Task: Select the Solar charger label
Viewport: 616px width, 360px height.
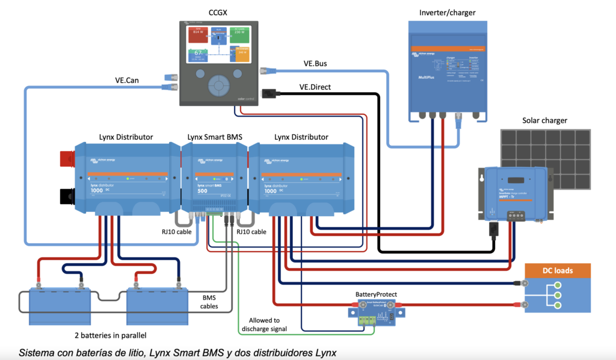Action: pyautogui.click(x=544, y=120)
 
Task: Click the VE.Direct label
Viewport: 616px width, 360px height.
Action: pyautogui.click(x=315, y=87)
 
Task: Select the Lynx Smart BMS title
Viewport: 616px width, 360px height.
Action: pyautogui.click(x=215, y=137)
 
